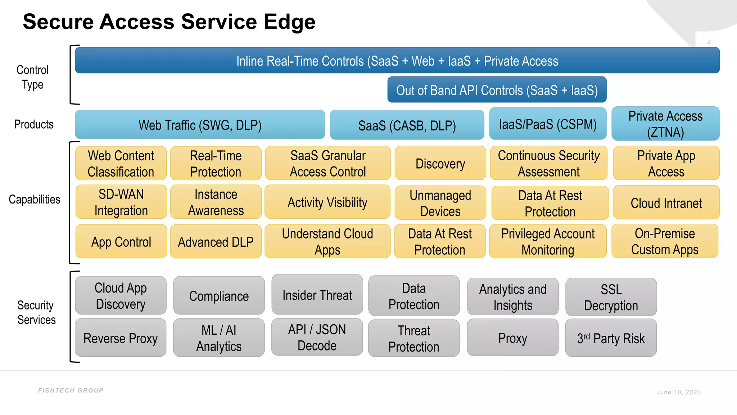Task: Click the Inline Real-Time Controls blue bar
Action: pos(397,61)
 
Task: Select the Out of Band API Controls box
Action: pos(497,90)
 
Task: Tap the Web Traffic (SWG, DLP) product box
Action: pos(200,125)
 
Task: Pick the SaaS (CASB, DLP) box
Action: pos(407,125)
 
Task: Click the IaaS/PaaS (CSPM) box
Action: pos(547,124)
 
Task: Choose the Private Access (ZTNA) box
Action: pos(665,124)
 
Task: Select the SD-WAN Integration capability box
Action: pos(121,202)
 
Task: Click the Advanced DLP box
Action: pos(216,241)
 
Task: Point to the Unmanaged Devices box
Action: pos(440,202)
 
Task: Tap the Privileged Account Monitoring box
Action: pos(548,241)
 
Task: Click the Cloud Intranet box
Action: pos(666,203)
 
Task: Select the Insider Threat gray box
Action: pos(317,295)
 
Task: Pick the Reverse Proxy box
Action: pos(120,338)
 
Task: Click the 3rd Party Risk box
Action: pos(611,338)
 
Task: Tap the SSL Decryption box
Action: pos(611,297)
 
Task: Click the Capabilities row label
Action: pos(34,199)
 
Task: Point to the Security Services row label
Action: pos(36,312)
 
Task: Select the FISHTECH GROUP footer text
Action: pos(71,390)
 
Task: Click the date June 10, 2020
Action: pos(678,392)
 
